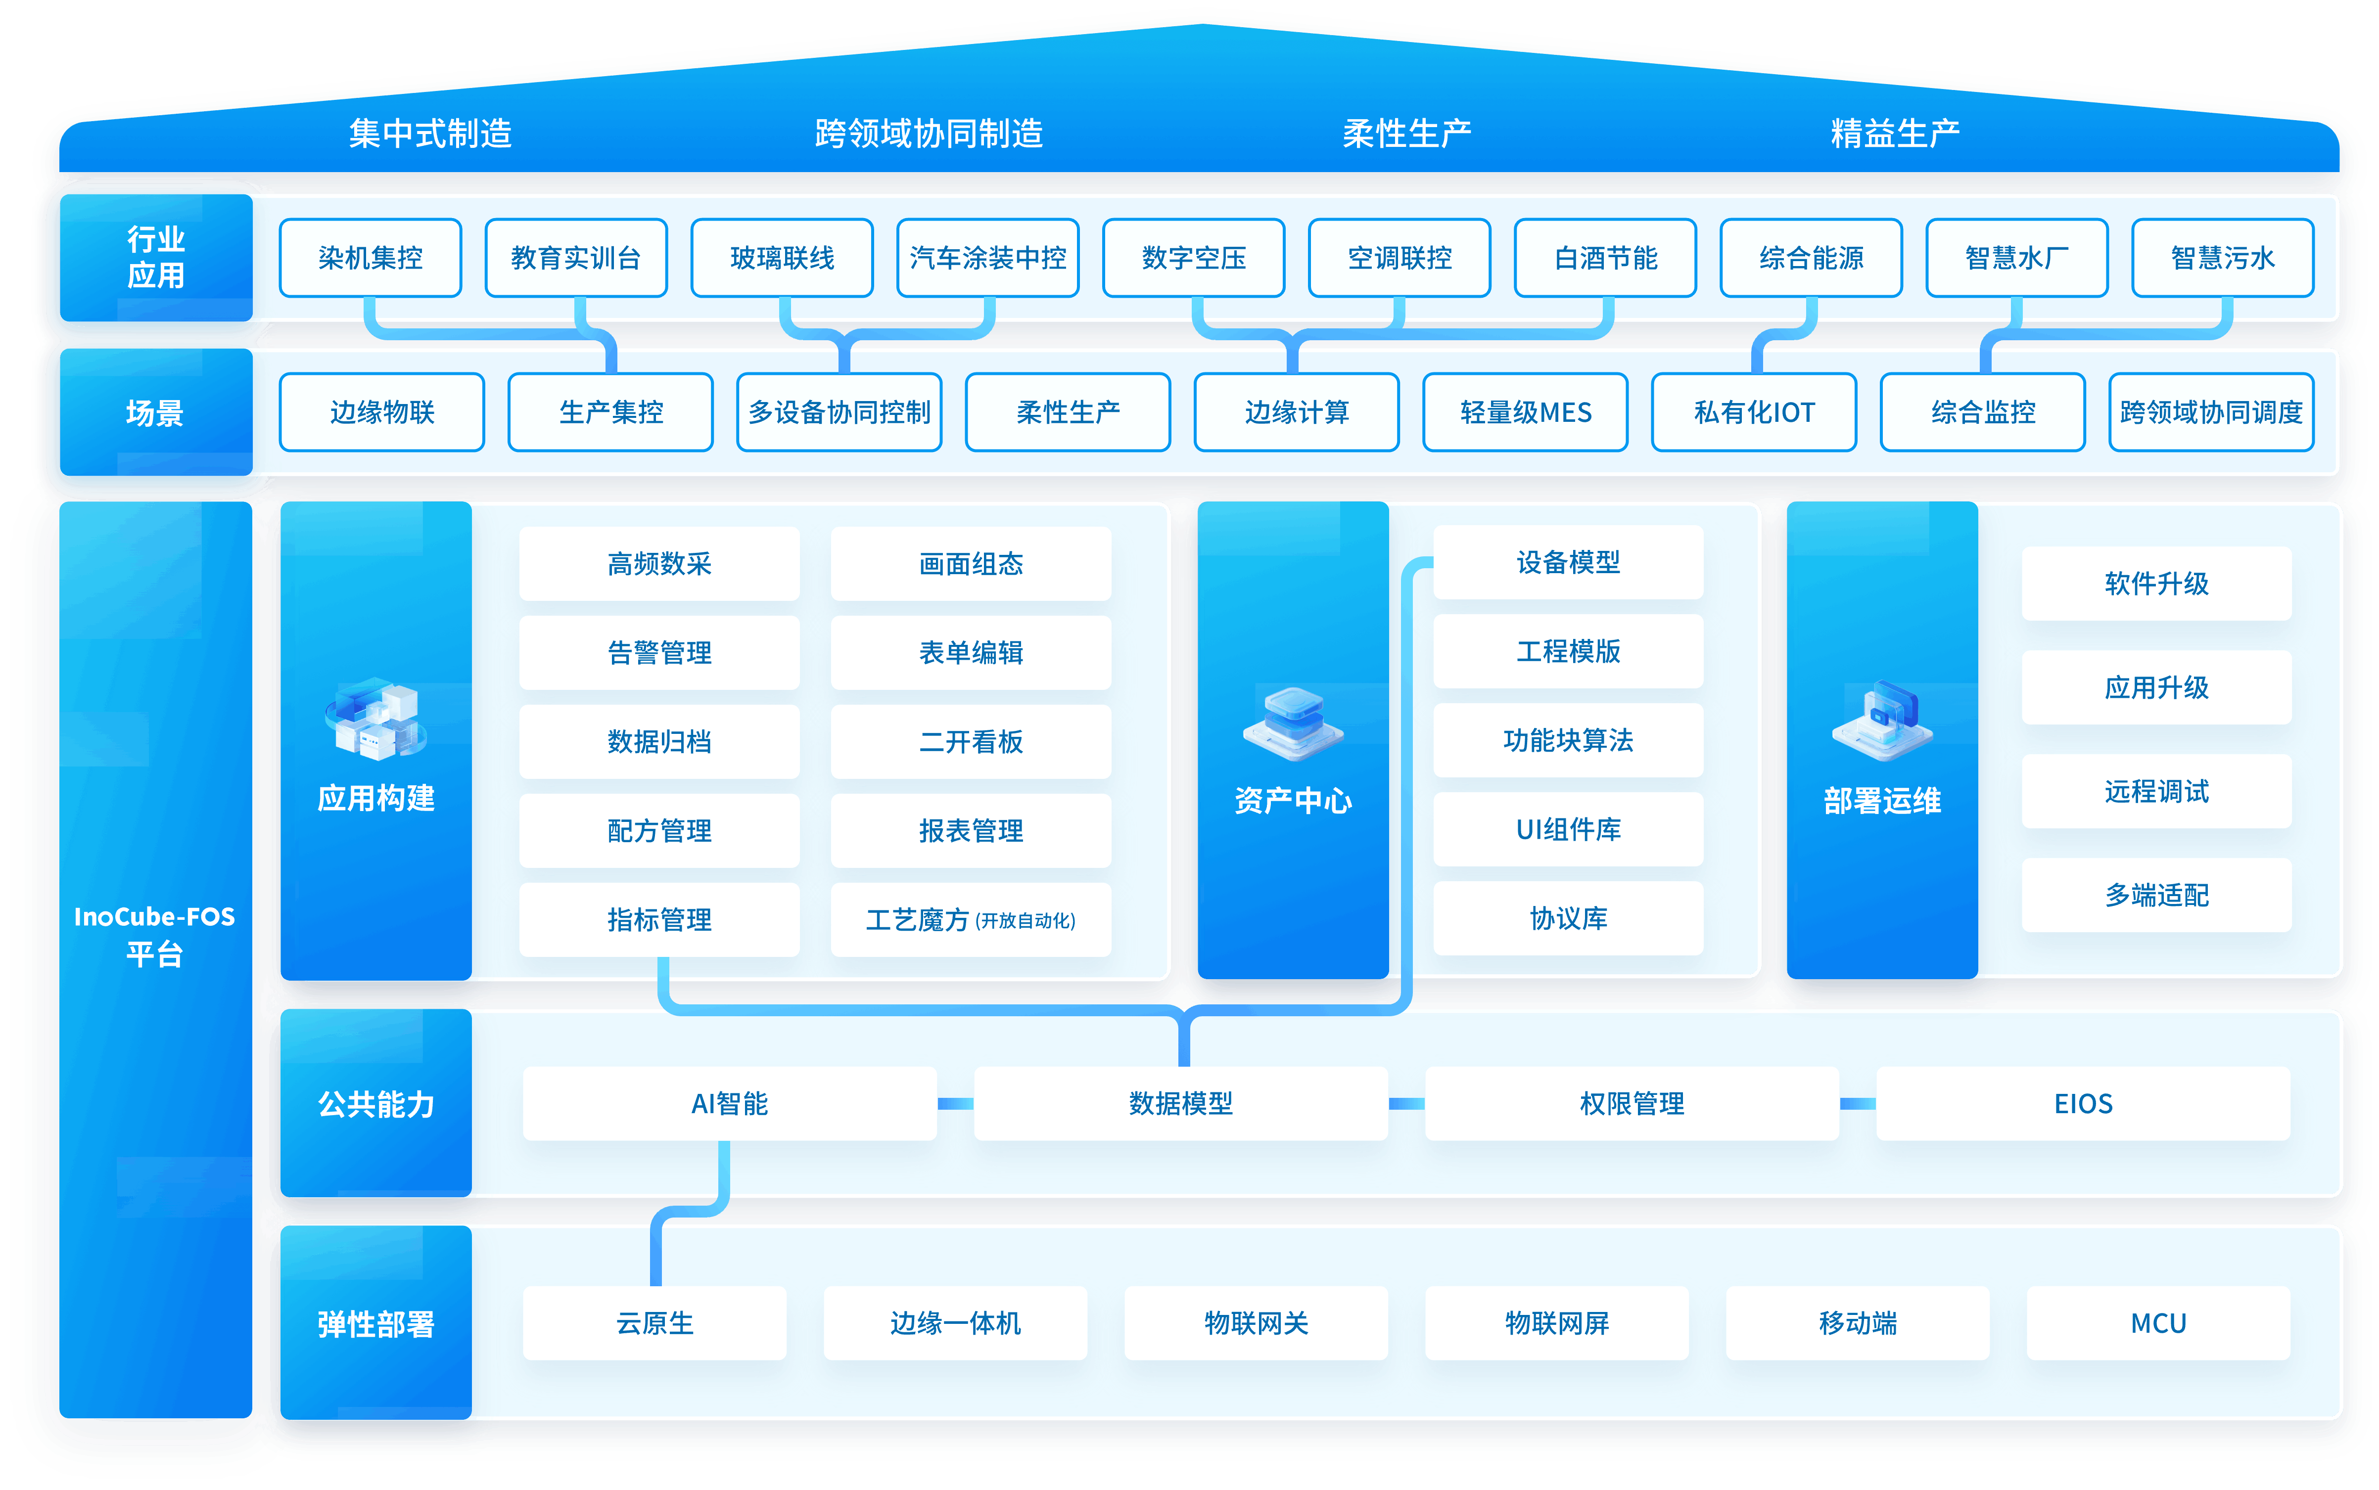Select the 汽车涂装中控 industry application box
(987, 258)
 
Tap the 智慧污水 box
(2222, 258)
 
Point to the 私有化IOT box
(1754, 412)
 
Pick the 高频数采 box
(659, 564)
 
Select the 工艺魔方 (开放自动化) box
(971, 919)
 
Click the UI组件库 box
(1568, 829)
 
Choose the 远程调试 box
(2156, 791)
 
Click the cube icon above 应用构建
(375, 720)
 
